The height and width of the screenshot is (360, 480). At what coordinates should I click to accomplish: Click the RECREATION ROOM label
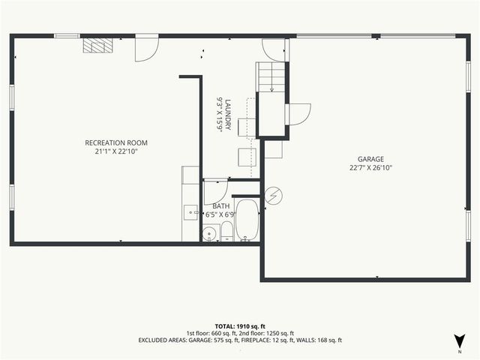tap(115, 142)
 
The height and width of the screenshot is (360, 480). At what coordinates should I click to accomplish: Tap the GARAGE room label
tap(370, 159)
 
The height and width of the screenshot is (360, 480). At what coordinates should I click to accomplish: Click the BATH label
tap(221, 206)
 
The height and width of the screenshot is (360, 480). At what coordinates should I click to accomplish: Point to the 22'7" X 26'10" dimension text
tap(370, 168)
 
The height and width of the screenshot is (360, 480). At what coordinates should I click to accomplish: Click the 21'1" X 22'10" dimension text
tap(115, 151)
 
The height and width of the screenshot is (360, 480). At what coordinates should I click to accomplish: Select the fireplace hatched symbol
tap(97, 46)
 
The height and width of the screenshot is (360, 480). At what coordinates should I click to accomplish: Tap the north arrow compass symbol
tap(458, 340)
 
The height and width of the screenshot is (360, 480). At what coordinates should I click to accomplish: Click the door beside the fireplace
tap(145, 49)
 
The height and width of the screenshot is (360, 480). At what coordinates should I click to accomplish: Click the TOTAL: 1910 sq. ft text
tap(239, 326)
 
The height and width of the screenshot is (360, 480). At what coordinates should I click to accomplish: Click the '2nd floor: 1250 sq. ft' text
tap(268, 333)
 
